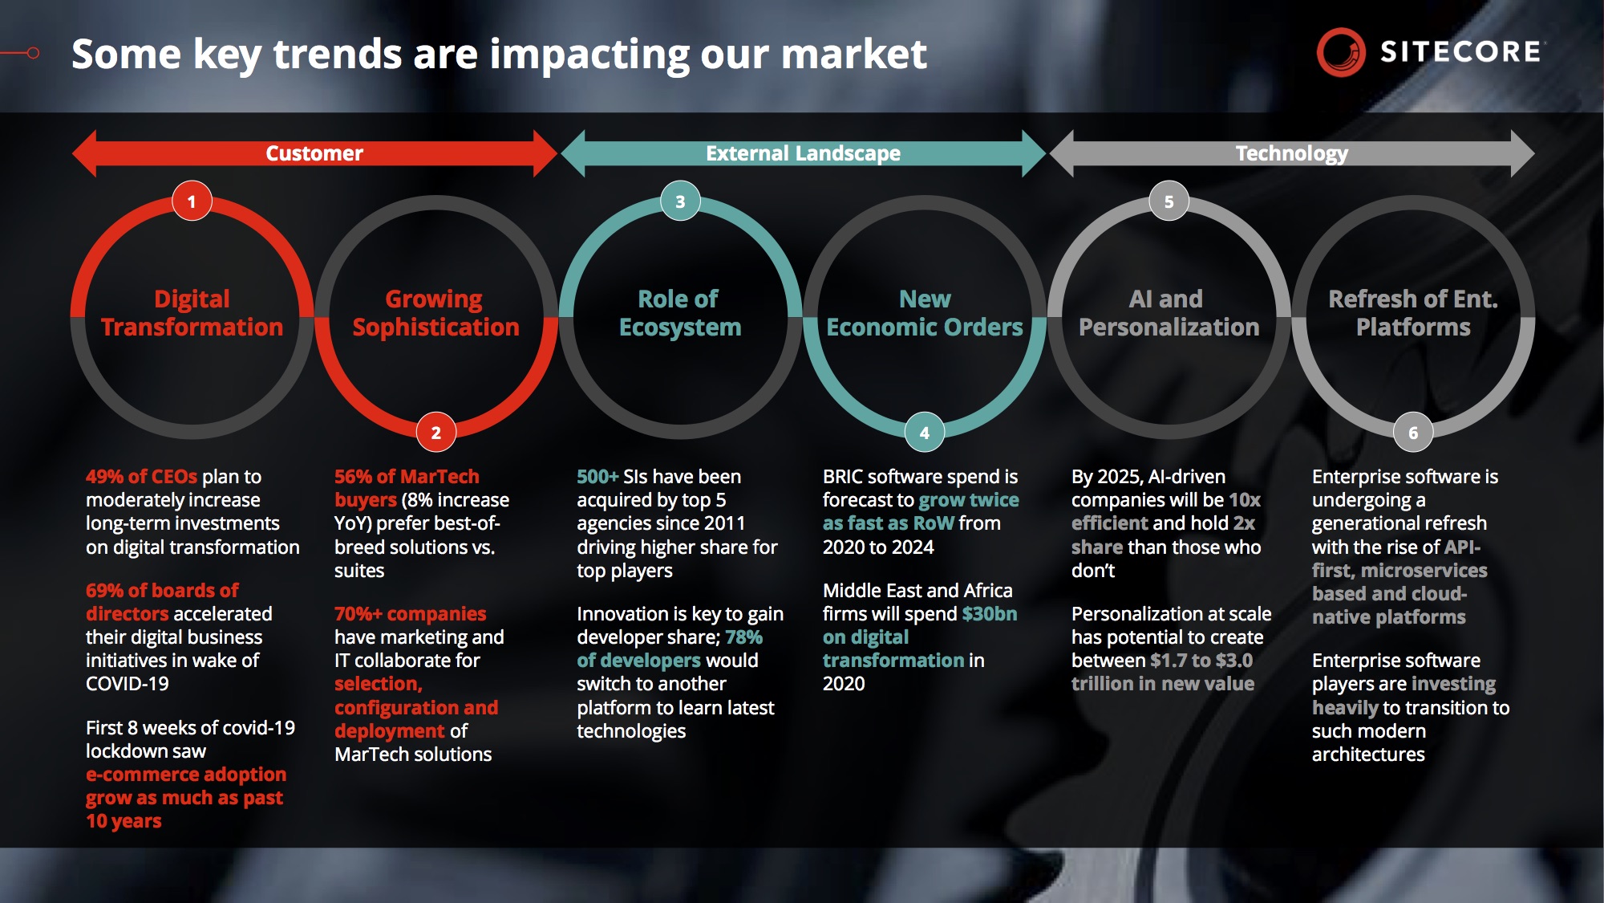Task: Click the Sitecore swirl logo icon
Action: (1341, 53)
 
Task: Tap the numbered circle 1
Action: (192, 201)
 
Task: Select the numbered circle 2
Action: (436, 433)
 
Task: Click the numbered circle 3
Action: (680, 201)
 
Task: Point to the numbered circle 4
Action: (925, 433)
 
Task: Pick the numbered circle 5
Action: (1169, 201)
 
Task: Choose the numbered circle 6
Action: (1413, 433)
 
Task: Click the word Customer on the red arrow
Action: (314, 153)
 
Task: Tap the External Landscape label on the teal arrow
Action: (803, 153)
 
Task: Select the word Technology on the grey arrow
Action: (1291, 153)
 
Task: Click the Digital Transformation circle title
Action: (192, 313)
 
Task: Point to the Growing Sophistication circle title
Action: (435, 313)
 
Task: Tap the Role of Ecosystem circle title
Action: (680, 313)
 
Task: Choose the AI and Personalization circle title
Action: (1169, 313)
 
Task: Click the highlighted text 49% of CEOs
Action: (141, 477)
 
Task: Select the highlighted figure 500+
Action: (597, 477)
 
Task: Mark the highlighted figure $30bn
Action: (990, 614)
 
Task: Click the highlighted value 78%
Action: (743, 637)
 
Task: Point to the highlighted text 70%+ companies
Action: (411, 615)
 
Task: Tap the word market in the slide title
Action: (854, 55)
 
